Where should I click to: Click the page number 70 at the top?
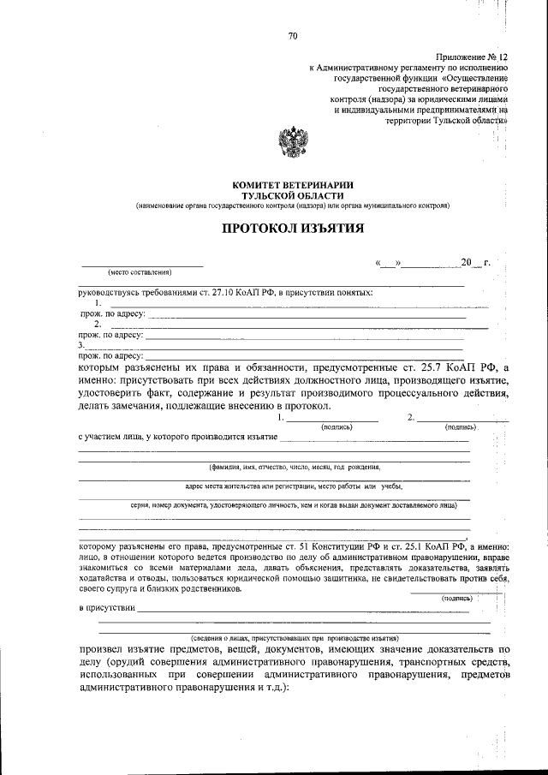pyautogui.click(x=293, y=36)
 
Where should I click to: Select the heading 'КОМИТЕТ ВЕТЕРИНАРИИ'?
pyautogui.click(x=293, y=186)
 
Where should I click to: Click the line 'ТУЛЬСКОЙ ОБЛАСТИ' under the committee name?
pyautogui.click(x=293, y=196)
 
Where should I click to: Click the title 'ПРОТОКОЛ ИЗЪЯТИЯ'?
pyautogui.click(x=293, y=229)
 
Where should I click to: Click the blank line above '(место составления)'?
pyautogui.click(x=141, y=265)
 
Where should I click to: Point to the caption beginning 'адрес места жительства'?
pyautogui.click(x=294, y=486)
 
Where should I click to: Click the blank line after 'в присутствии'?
pyautogui.click(x=308, y=609)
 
